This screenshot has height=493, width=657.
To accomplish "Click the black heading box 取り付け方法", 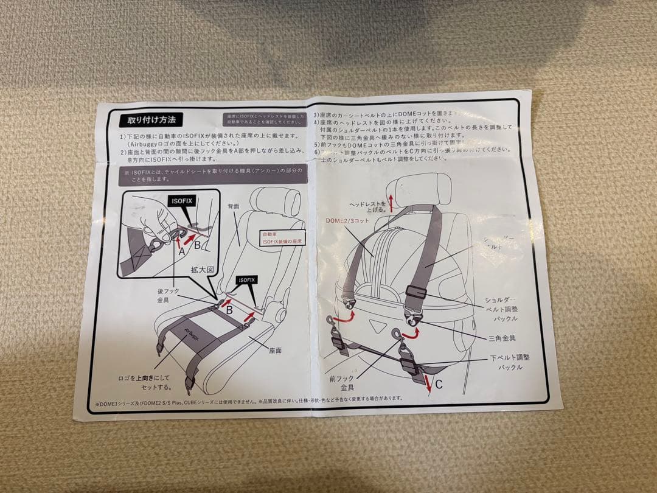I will click(151, 120).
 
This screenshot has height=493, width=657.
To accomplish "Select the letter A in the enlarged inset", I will click(181, 249).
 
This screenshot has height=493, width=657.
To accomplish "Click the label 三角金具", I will click(501, 337).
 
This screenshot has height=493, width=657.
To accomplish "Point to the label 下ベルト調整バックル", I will click(506, 363).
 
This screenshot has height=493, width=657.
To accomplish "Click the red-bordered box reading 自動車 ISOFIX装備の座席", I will click(281, 237).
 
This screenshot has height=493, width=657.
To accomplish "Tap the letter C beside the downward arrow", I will click(438, 384).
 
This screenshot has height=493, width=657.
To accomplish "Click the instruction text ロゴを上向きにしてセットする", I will click(145, 382).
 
